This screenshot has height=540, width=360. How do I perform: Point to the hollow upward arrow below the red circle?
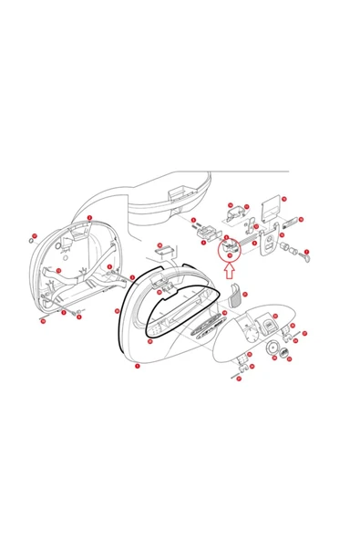coord(228,269)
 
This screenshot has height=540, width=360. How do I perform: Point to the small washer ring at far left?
coord(30,241)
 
